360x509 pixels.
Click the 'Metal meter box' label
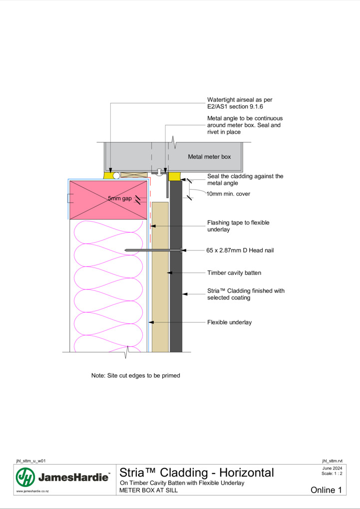click(x=209, y=157)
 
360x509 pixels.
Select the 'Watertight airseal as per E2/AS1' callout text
click(x=240, y=103)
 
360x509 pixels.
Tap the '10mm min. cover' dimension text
click(x=228, y=194)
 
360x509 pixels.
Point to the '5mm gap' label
click(x=120, y=198)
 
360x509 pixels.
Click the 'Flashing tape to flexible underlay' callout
click(x=238, y=226)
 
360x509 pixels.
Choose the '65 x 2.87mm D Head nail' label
click(x=240, y=251)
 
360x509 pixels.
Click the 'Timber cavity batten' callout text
click(x=234, y=272)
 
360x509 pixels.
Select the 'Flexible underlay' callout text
click(x=229, y=322)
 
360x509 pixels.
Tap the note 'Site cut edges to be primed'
click(x=135, y=376)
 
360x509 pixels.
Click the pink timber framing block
click(x=108, y=200)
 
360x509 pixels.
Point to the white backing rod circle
click(x=116, y=176)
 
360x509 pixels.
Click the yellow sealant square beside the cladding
click(x=174, y=177)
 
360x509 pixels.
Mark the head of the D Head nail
click(x=181, y=251)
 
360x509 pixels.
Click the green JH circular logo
click(x=25, y=477)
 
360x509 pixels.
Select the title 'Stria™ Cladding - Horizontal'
click(x=197, y=473)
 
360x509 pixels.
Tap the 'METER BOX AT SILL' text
click(x=148, y=490)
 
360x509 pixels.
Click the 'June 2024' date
click(x=332, y=468)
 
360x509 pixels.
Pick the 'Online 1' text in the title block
click(x=326, y=490)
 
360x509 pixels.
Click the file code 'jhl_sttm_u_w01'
click(x=31, y=461)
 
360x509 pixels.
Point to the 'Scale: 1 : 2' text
click(x=332, y=473)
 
